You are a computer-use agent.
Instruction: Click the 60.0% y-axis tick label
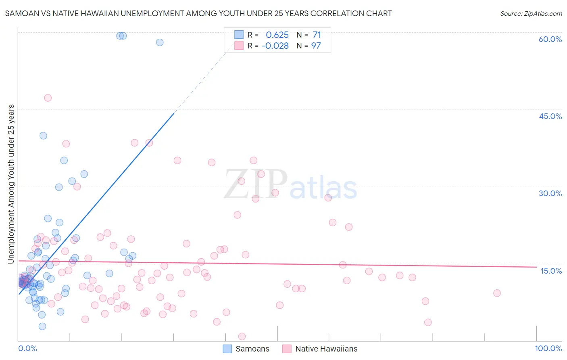click(x=550, y=39)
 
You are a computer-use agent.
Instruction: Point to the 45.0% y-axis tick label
click(x=550, y=116)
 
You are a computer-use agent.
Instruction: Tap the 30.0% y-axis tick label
click(x=550, y=193)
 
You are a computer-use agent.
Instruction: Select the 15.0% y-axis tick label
click(x=551, y=271)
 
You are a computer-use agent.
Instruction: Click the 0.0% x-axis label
click(x=27, y=348)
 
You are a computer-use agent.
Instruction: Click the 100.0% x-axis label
click(x=548, y=348)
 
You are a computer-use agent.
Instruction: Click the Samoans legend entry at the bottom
click(x=252, y=349)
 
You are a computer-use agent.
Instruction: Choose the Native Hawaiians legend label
click(x=326, y=349)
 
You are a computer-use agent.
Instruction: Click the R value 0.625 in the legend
click(x=277, y=35)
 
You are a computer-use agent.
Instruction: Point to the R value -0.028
click(x=275, y=46)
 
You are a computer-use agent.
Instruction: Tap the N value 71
click(x=317, y=35)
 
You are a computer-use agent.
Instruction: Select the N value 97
click(x=316, y=46)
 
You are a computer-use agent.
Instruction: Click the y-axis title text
click(x=11, y=184)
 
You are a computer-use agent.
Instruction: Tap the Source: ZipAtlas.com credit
click(x=531, y=13)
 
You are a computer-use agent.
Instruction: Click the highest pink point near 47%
click(x=48, y=98)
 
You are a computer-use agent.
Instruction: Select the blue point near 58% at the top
click(x=160, y=42)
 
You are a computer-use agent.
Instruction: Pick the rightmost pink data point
click(x=497, y=293)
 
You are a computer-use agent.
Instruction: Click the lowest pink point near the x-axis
click(x=242, y=337)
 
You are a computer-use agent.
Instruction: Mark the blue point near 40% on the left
click(x=43, y=136)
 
